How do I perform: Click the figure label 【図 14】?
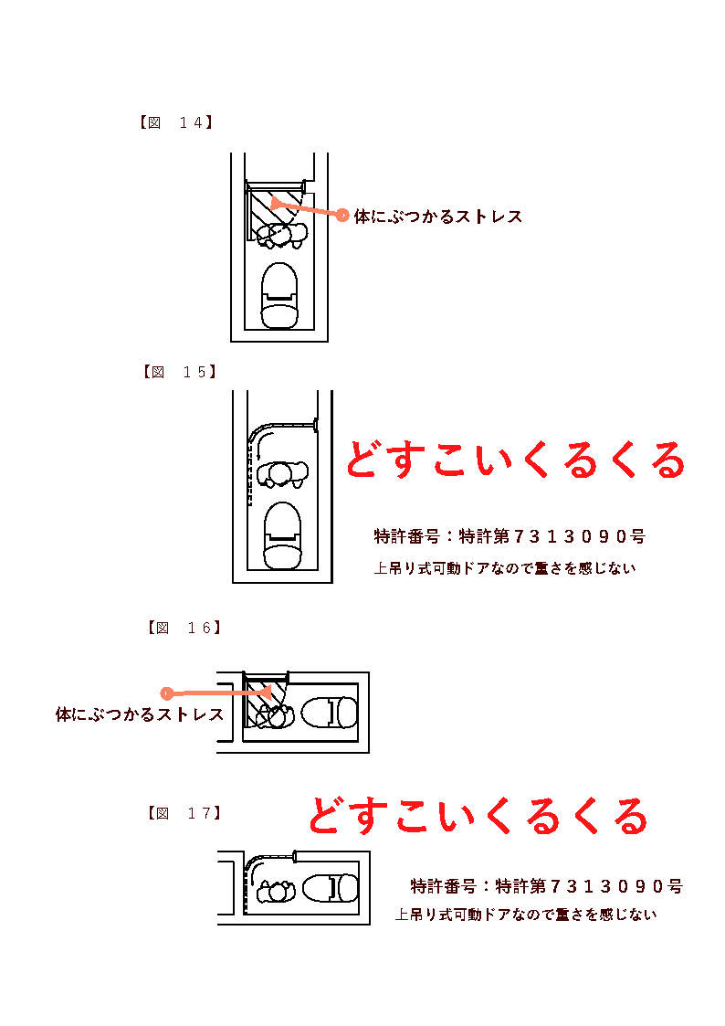click(176, 122)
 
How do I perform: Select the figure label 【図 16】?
click(184, 629)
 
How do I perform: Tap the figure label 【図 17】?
click(184, 813)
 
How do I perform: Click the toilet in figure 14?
click(279, 295)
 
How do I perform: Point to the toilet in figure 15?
click(282, 535)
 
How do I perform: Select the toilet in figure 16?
click(330, 713)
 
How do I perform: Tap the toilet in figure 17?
click(331, 889)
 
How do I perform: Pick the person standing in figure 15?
click(282, 474)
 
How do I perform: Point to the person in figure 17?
click(277, 891)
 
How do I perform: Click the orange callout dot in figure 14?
click(342, 216)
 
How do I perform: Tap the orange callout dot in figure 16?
click(167, 693)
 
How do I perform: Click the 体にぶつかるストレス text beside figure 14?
click(438, 217)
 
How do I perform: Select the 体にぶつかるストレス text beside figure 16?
click(139, 714)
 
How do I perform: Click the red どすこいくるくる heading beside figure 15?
click(515, 460)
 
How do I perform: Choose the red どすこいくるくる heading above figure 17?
click(478, 815)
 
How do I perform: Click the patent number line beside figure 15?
click(510, 536)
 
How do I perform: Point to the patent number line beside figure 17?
click(547, 886)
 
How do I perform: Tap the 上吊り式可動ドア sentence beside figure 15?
click(505, 568)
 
